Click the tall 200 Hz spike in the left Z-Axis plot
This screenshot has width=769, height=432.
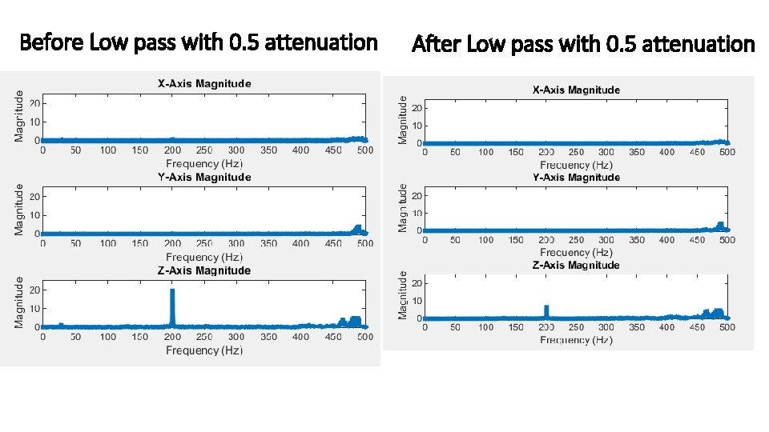pyautogui.click(x=171, y=306)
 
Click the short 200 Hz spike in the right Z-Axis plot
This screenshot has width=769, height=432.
pyautogui.click(x=546, y=311)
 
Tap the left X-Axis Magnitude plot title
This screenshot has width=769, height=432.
pyautogui.click(x=203, y=83)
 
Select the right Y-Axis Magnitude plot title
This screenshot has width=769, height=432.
pyautogui.click(x=576, y=177)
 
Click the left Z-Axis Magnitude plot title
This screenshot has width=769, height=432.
pyautogui.click(x=203, y=270)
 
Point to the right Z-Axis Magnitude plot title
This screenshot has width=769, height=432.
pyautogui.click(x=576, y=265)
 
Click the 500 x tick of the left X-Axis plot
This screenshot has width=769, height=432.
pyautogui.click(x=364, y=150)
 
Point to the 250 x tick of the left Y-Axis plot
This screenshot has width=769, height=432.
pyautogui.click(x=203, y=243)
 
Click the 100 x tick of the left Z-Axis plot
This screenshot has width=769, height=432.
pyautogui.click(x=107, y=337)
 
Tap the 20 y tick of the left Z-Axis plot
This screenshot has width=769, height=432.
pyautogui.click(x=34, y=290)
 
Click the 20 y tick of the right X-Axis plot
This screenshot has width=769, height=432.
pyautogui.click(x=417, y=108)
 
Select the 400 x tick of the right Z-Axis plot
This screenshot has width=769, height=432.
pyautogui.click(x=666, y=327)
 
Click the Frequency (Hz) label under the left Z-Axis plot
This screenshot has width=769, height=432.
pyautogui.click(x=203, y=350)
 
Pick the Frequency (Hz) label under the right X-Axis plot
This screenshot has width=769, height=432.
pyautogui.click(x=576, y=165)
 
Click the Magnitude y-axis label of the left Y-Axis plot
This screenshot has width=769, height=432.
pyautogui.click(x=19, y=210)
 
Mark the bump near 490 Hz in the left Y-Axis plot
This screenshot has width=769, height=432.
pyautogui.click(x=357, y=229)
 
